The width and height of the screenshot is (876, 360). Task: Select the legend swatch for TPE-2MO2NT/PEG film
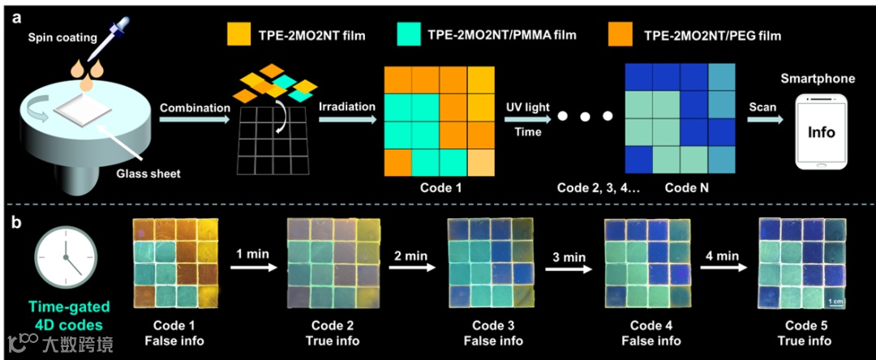tap(621, 35)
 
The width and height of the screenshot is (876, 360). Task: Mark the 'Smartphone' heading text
tap(818, 79)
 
